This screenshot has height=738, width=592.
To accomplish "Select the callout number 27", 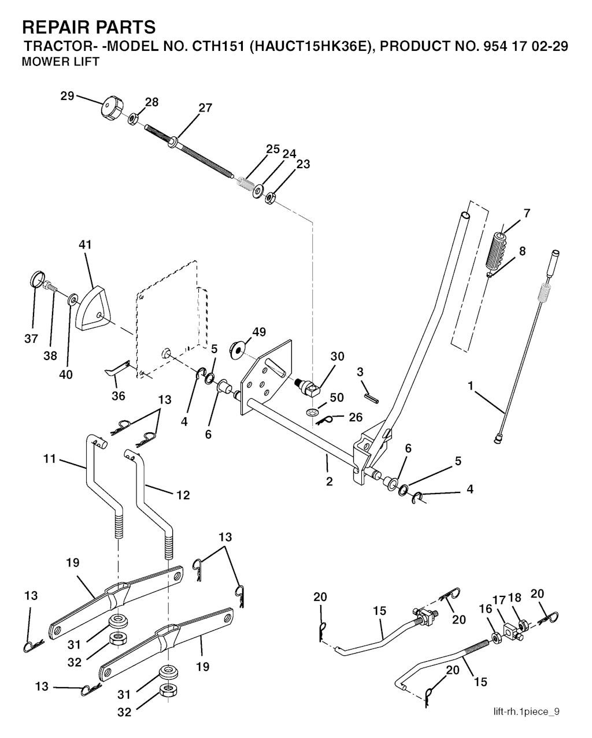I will point(205,107).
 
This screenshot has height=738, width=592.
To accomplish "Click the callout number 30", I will point(338,356).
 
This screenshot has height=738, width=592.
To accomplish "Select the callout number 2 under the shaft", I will point(329,481).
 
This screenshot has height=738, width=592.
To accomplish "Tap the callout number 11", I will point(50,459).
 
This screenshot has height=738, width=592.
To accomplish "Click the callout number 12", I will point(182,495).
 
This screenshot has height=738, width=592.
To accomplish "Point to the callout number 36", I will point(118,396).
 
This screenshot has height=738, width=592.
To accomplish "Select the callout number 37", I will point(31,339).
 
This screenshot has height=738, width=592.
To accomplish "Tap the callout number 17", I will point(499,600).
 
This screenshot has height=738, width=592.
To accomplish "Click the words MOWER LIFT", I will point(60,62).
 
